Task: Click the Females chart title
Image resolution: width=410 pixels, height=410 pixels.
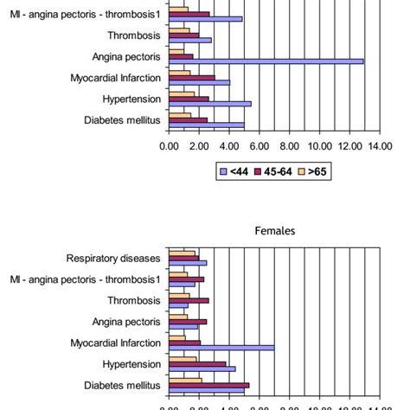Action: [x=275, y=231]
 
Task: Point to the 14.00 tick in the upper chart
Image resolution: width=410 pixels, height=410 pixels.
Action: [x=381, y=146]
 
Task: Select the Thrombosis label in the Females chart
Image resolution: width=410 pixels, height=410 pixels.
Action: [x=133, y=300]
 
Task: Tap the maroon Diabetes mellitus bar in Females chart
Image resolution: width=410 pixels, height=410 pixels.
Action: [x=208, y=385]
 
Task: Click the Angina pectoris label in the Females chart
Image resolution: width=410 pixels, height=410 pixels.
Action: [x=126, y=322]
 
